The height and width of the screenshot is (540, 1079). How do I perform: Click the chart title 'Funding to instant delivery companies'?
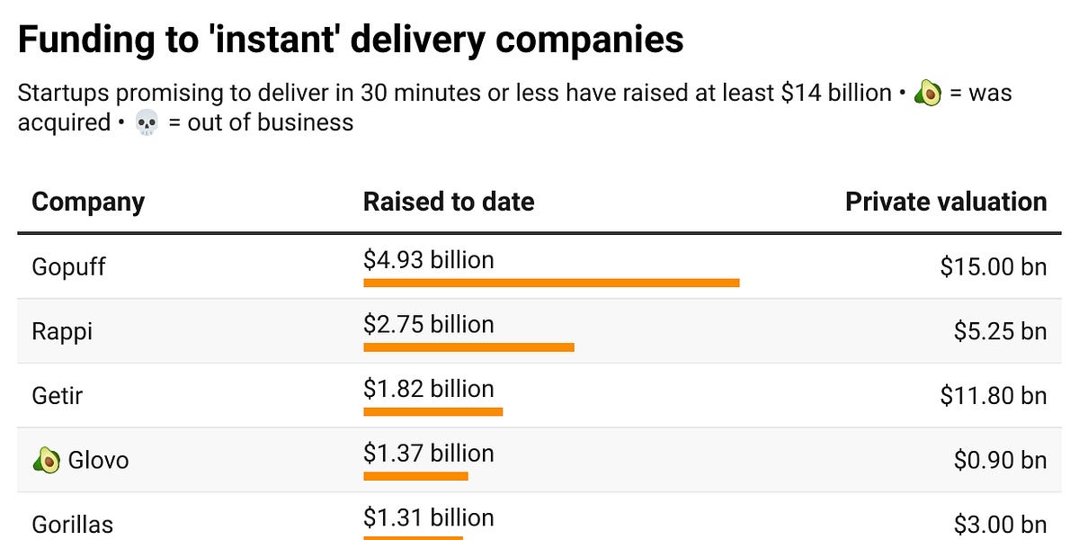350,40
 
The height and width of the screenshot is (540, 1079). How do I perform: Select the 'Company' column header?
88,202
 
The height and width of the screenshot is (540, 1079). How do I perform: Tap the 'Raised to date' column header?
449,202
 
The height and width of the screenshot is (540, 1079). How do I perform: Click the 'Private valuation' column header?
946,202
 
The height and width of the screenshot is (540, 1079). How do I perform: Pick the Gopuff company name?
68,267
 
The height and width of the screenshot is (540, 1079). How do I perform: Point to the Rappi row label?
62,331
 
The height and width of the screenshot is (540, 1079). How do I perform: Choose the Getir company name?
58,395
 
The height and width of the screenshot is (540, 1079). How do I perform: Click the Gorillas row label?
73,524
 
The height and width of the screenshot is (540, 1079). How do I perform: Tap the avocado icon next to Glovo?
46,461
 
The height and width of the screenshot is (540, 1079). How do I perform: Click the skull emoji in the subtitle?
146,122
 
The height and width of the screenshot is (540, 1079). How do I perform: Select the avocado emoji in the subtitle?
927,94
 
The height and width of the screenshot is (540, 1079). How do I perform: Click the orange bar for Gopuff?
551,283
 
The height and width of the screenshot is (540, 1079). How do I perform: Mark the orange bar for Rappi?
468,347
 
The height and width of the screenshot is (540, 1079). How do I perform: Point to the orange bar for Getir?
432,411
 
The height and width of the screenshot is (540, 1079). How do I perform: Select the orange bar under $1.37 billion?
415,476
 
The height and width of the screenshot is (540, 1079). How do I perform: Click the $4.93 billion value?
429,260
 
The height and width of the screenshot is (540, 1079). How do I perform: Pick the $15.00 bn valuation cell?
994,267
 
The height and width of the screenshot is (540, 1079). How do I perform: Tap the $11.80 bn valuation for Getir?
994,395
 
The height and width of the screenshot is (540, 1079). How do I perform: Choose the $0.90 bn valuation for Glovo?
1000,460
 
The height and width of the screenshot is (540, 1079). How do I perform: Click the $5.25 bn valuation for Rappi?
1000,331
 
